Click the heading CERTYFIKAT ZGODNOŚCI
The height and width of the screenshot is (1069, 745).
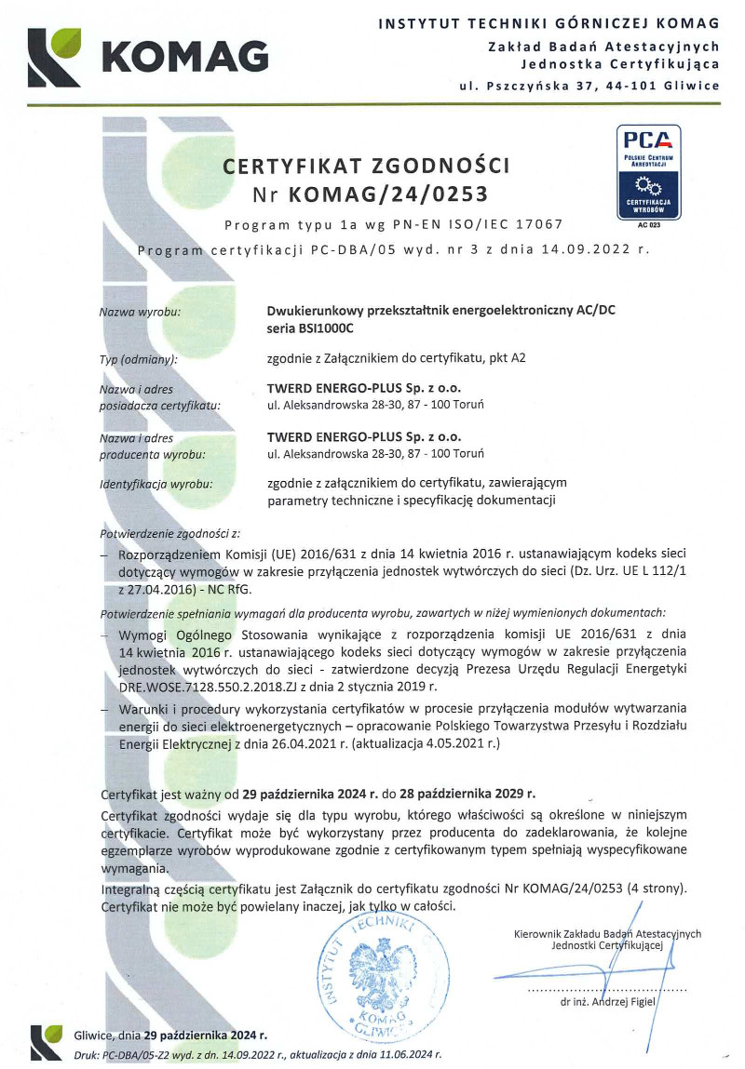pos(367,167)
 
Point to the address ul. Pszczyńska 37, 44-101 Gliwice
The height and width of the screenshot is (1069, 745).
pos(589,86)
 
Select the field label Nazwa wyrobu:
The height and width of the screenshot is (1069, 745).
pos(140,312)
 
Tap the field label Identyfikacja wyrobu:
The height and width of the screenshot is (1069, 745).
pos(156,484)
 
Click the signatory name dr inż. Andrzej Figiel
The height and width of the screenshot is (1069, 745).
pos(608,1002)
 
